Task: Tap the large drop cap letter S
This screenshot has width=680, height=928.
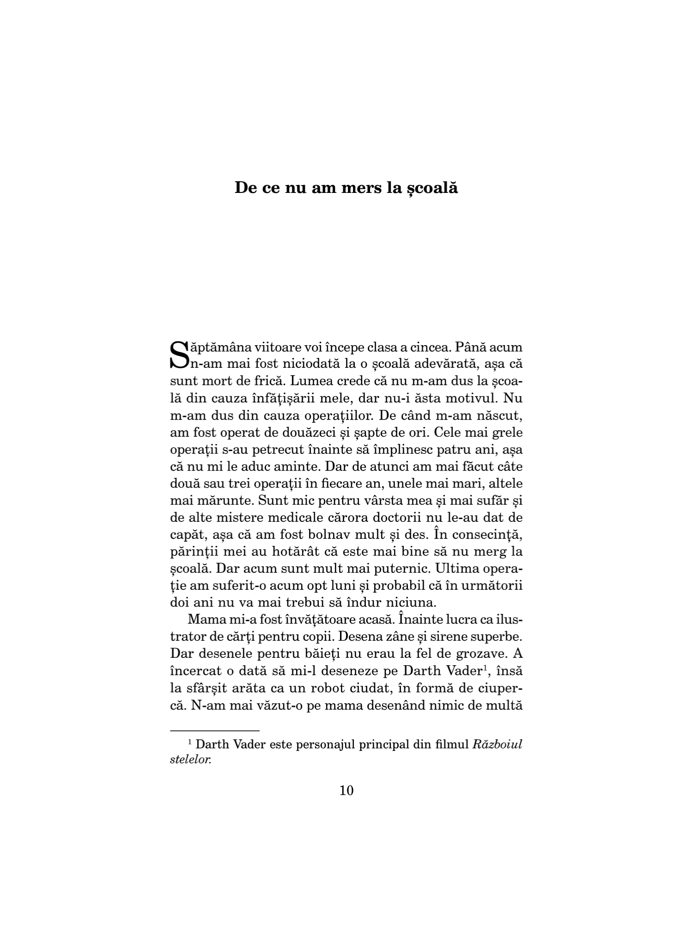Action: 180,354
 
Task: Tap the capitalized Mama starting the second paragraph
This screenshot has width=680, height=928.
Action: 206,620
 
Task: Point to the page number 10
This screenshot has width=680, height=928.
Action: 346,790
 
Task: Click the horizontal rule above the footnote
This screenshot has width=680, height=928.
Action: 215,730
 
